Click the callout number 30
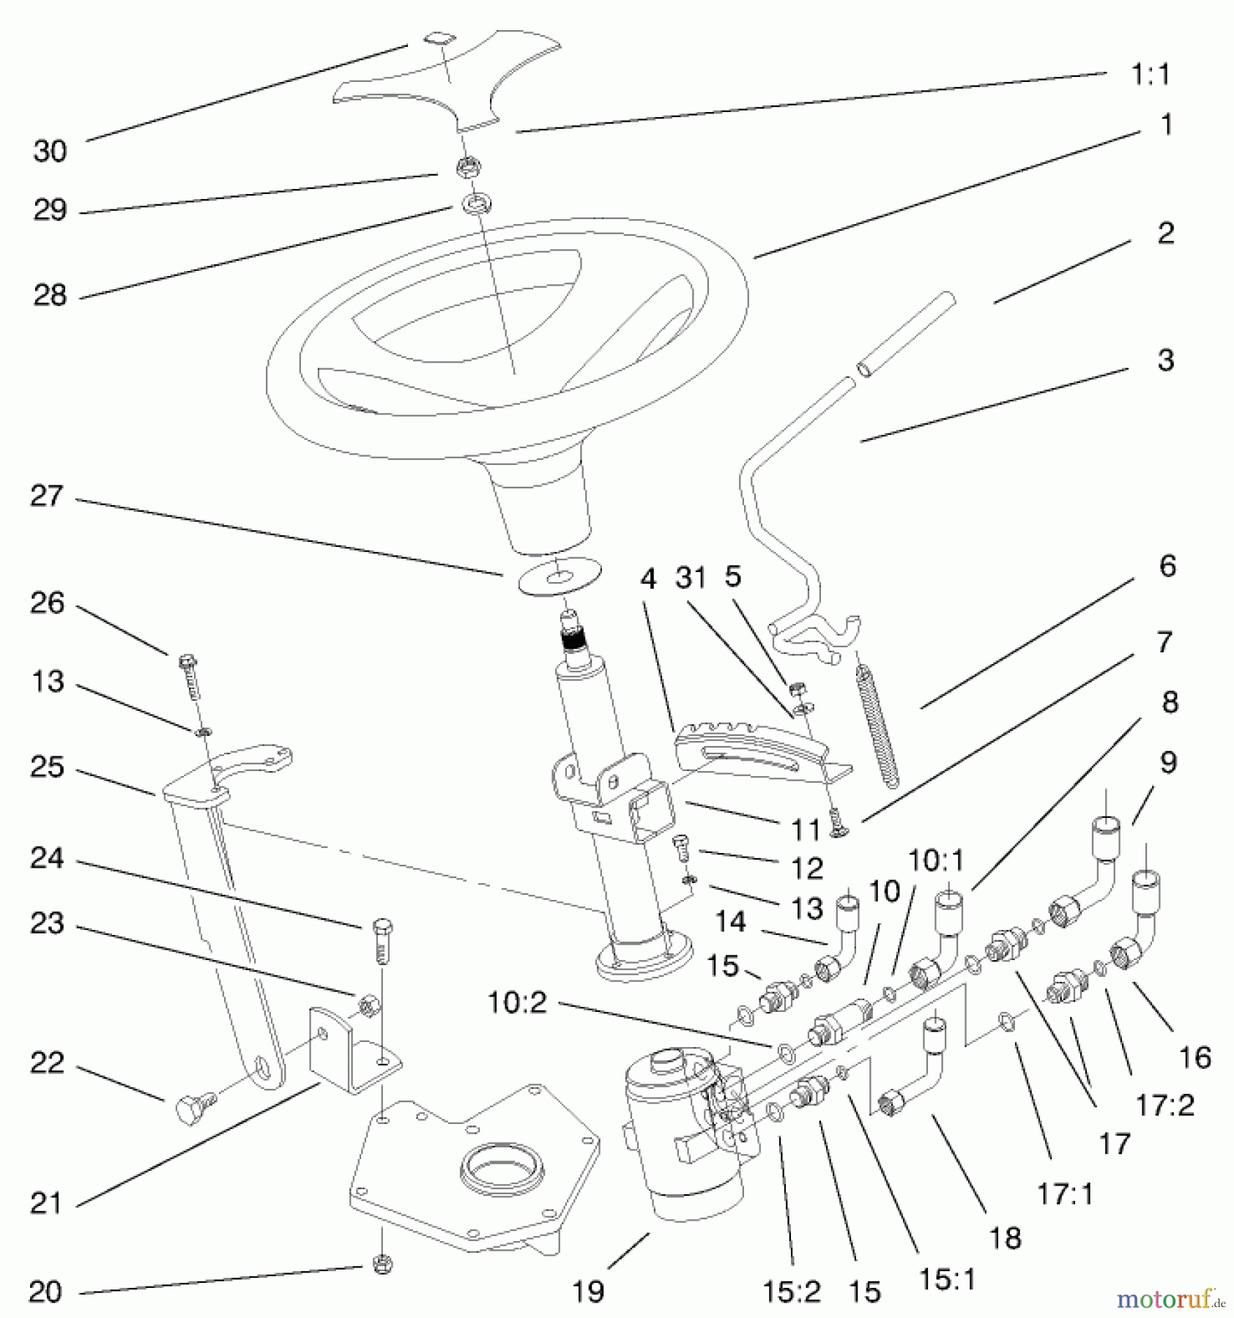50,152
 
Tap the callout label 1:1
1151,74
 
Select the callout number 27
47,496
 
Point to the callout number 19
588,1292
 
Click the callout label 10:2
517,1002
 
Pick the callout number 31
691,578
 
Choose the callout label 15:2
792,1293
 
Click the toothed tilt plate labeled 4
754,751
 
